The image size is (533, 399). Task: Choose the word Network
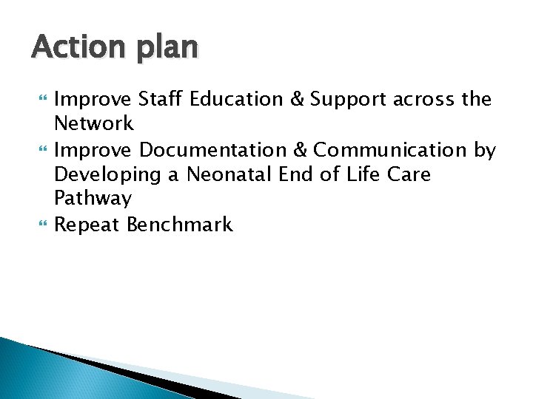point(94,123)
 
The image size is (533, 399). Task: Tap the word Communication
point(390,150)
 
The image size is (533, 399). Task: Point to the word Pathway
point(93,199)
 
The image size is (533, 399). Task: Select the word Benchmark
point(180,224)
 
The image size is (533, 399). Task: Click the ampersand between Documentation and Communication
point(301,150)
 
